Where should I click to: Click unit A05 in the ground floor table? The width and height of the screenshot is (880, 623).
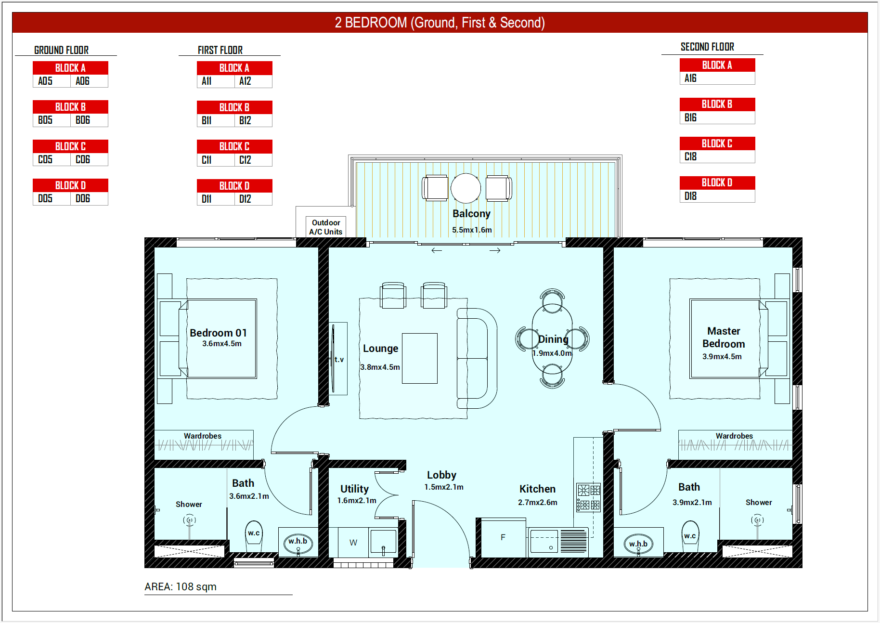pyautogui.click(x=45, y=81)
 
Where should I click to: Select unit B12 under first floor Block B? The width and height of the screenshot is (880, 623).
pyautogui.click(x=245, y=120)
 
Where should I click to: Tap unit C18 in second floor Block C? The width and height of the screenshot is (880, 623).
pyautogui.click(x=690, y=156)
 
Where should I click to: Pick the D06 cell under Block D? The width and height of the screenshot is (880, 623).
pyautogui.click(x=83, y=198)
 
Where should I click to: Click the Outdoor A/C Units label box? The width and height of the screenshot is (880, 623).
pyautogui.click(x=326, y=227)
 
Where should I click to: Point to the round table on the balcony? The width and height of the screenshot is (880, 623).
pyautogui.click(x=466, y=188)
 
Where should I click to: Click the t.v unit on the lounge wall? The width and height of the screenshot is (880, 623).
pyautogui.click(x=338, y=359)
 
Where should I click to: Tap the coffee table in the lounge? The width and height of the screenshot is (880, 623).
pyautogui.click(x=420, y=358)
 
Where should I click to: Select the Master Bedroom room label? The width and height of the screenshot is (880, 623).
pyautogui.click(x=724, y=337)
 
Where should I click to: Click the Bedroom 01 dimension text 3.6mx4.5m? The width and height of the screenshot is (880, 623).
pyautogui.click(x=222, y=344)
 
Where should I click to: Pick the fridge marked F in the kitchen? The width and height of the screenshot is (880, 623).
pyautogui.click(x=503, y=538)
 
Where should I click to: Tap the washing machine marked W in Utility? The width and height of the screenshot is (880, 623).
pyautogui.click(x=353, y=543)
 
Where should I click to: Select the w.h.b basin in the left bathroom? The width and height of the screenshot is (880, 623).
pyautogui.click(x=298, y=544)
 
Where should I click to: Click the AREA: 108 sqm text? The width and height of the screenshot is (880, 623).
pyautogui.click(x=181, y=586)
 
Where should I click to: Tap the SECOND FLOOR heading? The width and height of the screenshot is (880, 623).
pyautogui.click(x=707, y=47)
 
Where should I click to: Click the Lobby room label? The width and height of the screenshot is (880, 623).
pyautogui.click(x=441, y=475)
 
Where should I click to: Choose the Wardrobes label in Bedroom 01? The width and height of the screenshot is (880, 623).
pyautogui.click(x=203, y=436)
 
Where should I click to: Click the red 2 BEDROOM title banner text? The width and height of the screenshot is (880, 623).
pyautogui.click(x=440, y=23)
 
